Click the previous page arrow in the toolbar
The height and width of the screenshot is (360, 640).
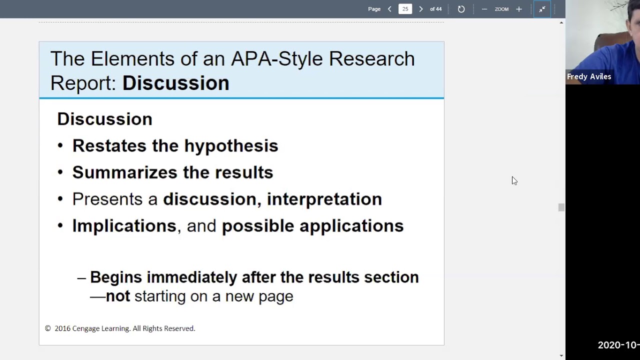click(x=389, y=9)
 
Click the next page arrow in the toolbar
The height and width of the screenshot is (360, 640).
click(x=420, y=9)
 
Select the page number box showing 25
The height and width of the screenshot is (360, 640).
click(x=405, y=9)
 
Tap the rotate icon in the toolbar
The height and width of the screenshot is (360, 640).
click(x=461, y=9)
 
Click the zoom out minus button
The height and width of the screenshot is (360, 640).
click(x=484, y=9)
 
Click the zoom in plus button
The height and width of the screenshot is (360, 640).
click(x=518, y=9)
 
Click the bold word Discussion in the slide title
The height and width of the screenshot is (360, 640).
click(x=175, y=83)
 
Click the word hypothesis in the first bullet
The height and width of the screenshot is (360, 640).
click(x=231, y=146)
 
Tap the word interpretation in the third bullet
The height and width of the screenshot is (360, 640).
click(x=324, y=199)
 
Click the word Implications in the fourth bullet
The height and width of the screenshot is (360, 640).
click(x=124, y=226)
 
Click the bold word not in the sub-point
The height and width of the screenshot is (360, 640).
click(x=118, y=296)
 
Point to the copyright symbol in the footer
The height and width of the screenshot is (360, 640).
click(x=48, y=328)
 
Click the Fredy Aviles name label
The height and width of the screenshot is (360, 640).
click(x=588, y=76)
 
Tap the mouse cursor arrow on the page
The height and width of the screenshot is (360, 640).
click(x=514, y=180)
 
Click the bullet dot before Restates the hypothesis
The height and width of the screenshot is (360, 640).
click(x=60, y=146)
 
